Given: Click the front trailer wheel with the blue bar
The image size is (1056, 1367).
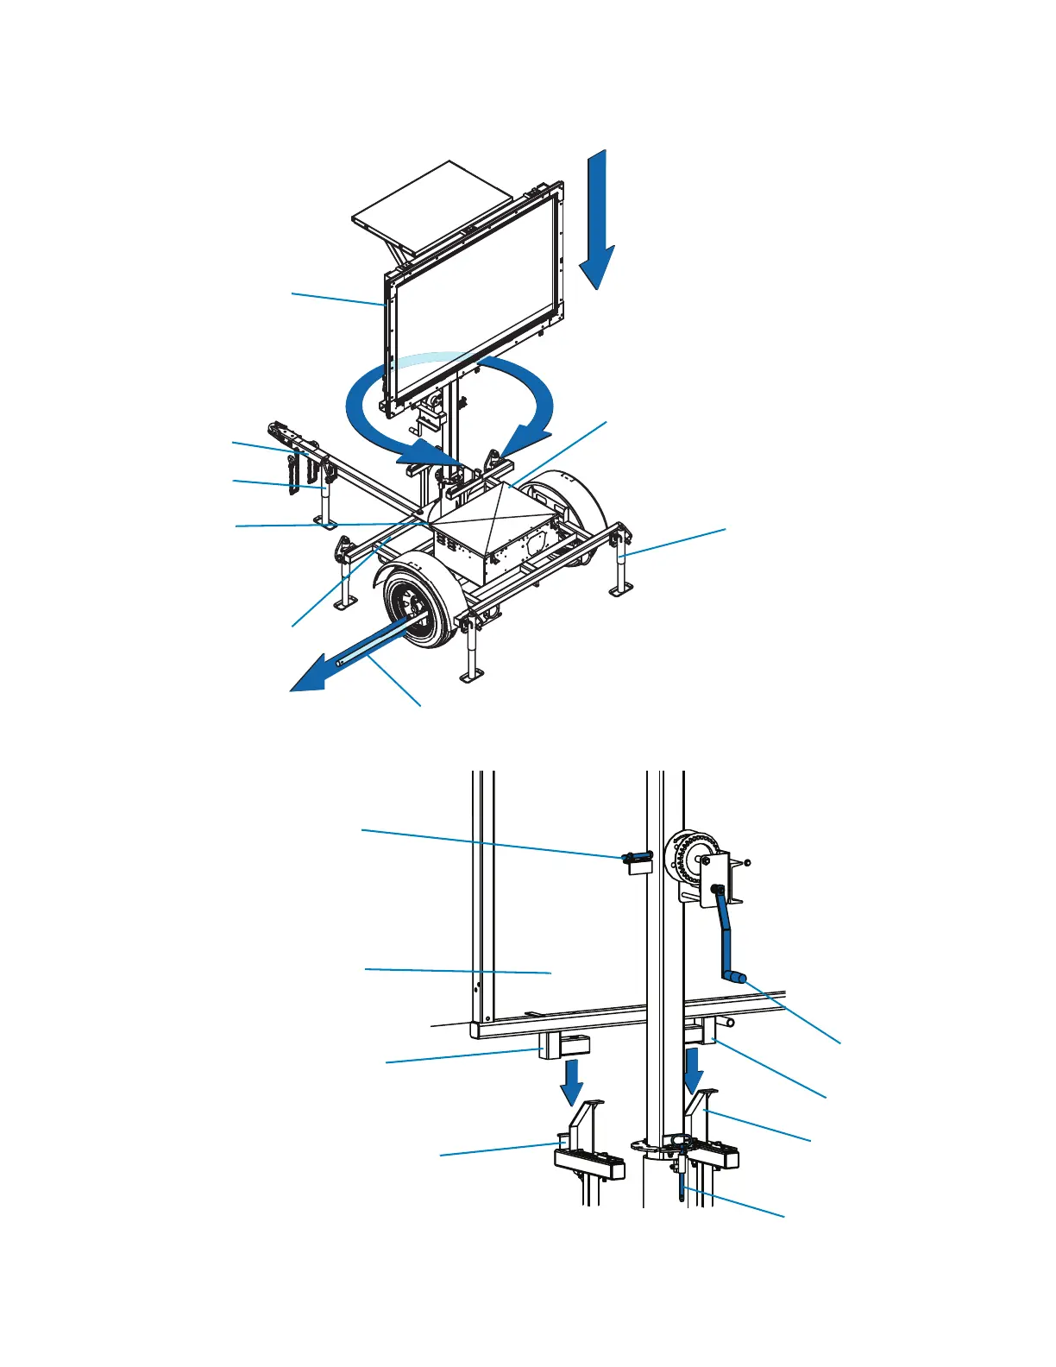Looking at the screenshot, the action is [x=414, y=608].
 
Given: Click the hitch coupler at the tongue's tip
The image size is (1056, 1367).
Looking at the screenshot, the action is [x=278, y=429].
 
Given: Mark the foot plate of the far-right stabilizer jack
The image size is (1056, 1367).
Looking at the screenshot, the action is [x=619, y=590].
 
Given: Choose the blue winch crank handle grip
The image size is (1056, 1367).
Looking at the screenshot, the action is [x=735, y=978].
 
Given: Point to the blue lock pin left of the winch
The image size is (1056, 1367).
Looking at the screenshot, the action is [x=637, y=857].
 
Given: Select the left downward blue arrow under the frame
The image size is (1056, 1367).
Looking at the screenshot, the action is [x=570, y=1082].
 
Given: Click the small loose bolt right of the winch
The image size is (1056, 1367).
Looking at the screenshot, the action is [x=746, y=862].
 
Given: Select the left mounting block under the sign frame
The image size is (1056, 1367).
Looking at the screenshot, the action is [x=563, y=1046].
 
